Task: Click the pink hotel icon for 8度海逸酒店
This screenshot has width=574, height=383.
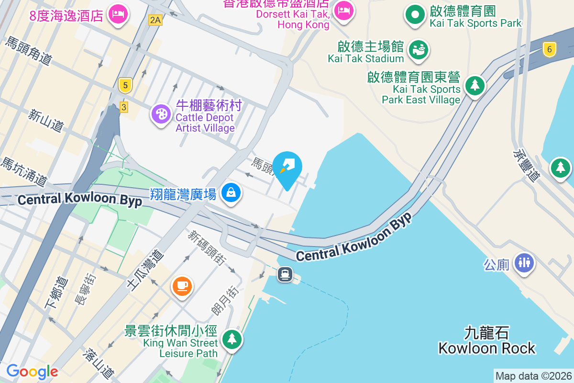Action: tap(117, 13)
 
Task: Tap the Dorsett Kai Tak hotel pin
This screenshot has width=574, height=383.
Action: tap(343, 11)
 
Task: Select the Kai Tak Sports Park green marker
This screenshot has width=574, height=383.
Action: tap(415, 15)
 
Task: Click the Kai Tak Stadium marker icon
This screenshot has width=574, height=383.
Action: tap(418, 50)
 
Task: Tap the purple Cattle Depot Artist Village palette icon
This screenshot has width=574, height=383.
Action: tap(161, 114)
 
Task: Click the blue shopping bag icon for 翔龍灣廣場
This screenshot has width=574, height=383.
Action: tap(231, 193)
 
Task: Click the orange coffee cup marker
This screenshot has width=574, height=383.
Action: tap(182, 286)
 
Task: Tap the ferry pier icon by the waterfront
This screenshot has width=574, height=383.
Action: tap(285, 274)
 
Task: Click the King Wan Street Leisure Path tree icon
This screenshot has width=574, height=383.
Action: tap(232, 339)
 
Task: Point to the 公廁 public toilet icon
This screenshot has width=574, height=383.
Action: tap(524, 263)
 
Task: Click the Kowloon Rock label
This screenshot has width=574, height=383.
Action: tap(487, 340)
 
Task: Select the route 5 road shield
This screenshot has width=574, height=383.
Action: tap(125, 86)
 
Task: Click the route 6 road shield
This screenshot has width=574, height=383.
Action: tap(550, 48)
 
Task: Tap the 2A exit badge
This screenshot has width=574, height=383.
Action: tap(155, 20)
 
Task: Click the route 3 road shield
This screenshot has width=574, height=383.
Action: tap(124, 107)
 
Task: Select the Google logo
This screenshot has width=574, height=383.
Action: tap(32, 371)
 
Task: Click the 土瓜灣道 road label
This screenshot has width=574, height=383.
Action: tap(145, 270)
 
